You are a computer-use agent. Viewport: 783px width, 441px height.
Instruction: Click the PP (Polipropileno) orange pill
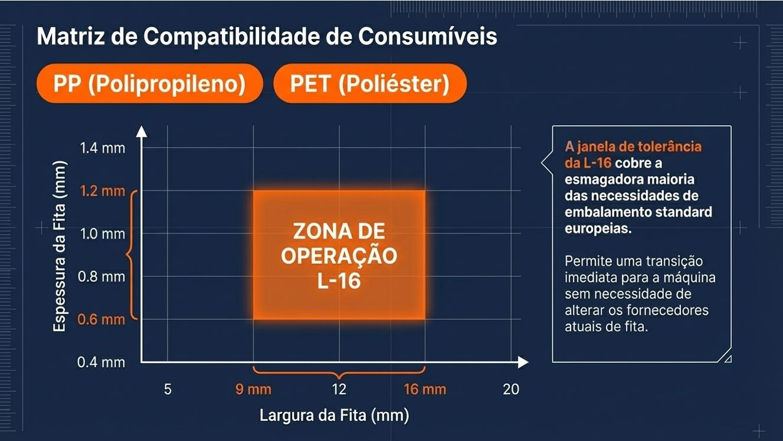(149, 84)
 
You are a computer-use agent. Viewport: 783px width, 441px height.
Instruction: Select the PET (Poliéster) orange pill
(370, 84)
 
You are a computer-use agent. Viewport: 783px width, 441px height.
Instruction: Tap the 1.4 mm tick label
(103, 148)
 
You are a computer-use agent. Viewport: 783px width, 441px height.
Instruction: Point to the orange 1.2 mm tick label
(103, 191)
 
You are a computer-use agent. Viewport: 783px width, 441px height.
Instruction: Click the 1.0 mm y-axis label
(103, 234)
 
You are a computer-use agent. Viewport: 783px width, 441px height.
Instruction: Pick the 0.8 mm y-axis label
(103, 276)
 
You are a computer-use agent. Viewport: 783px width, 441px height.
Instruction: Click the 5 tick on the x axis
(168, 390)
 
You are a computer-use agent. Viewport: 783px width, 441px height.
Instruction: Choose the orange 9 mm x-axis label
(253, 390)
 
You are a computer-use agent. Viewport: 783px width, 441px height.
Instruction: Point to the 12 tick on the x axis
(339, 390)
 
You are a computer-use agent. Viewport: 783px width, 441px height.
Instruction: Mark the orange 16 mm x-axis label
(425, 390)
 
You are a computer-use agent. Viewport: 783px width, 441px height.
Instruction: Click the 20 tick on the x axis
(511, 390)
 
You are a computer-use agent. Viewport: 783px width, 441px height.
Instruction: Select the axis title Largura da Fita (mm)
(334, 416)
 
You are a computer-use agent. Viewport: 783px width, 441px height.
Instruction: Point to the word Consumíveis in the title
(428, 37)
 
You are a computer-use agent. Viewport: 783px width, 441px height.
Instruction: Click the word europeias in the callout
(598, 228)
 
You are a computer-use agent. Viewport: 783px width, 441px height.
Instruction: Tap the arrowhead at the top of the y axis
(142, 131)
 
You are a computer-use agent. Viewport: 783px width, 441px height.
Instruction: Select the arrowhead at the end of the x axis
(523, 362)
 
